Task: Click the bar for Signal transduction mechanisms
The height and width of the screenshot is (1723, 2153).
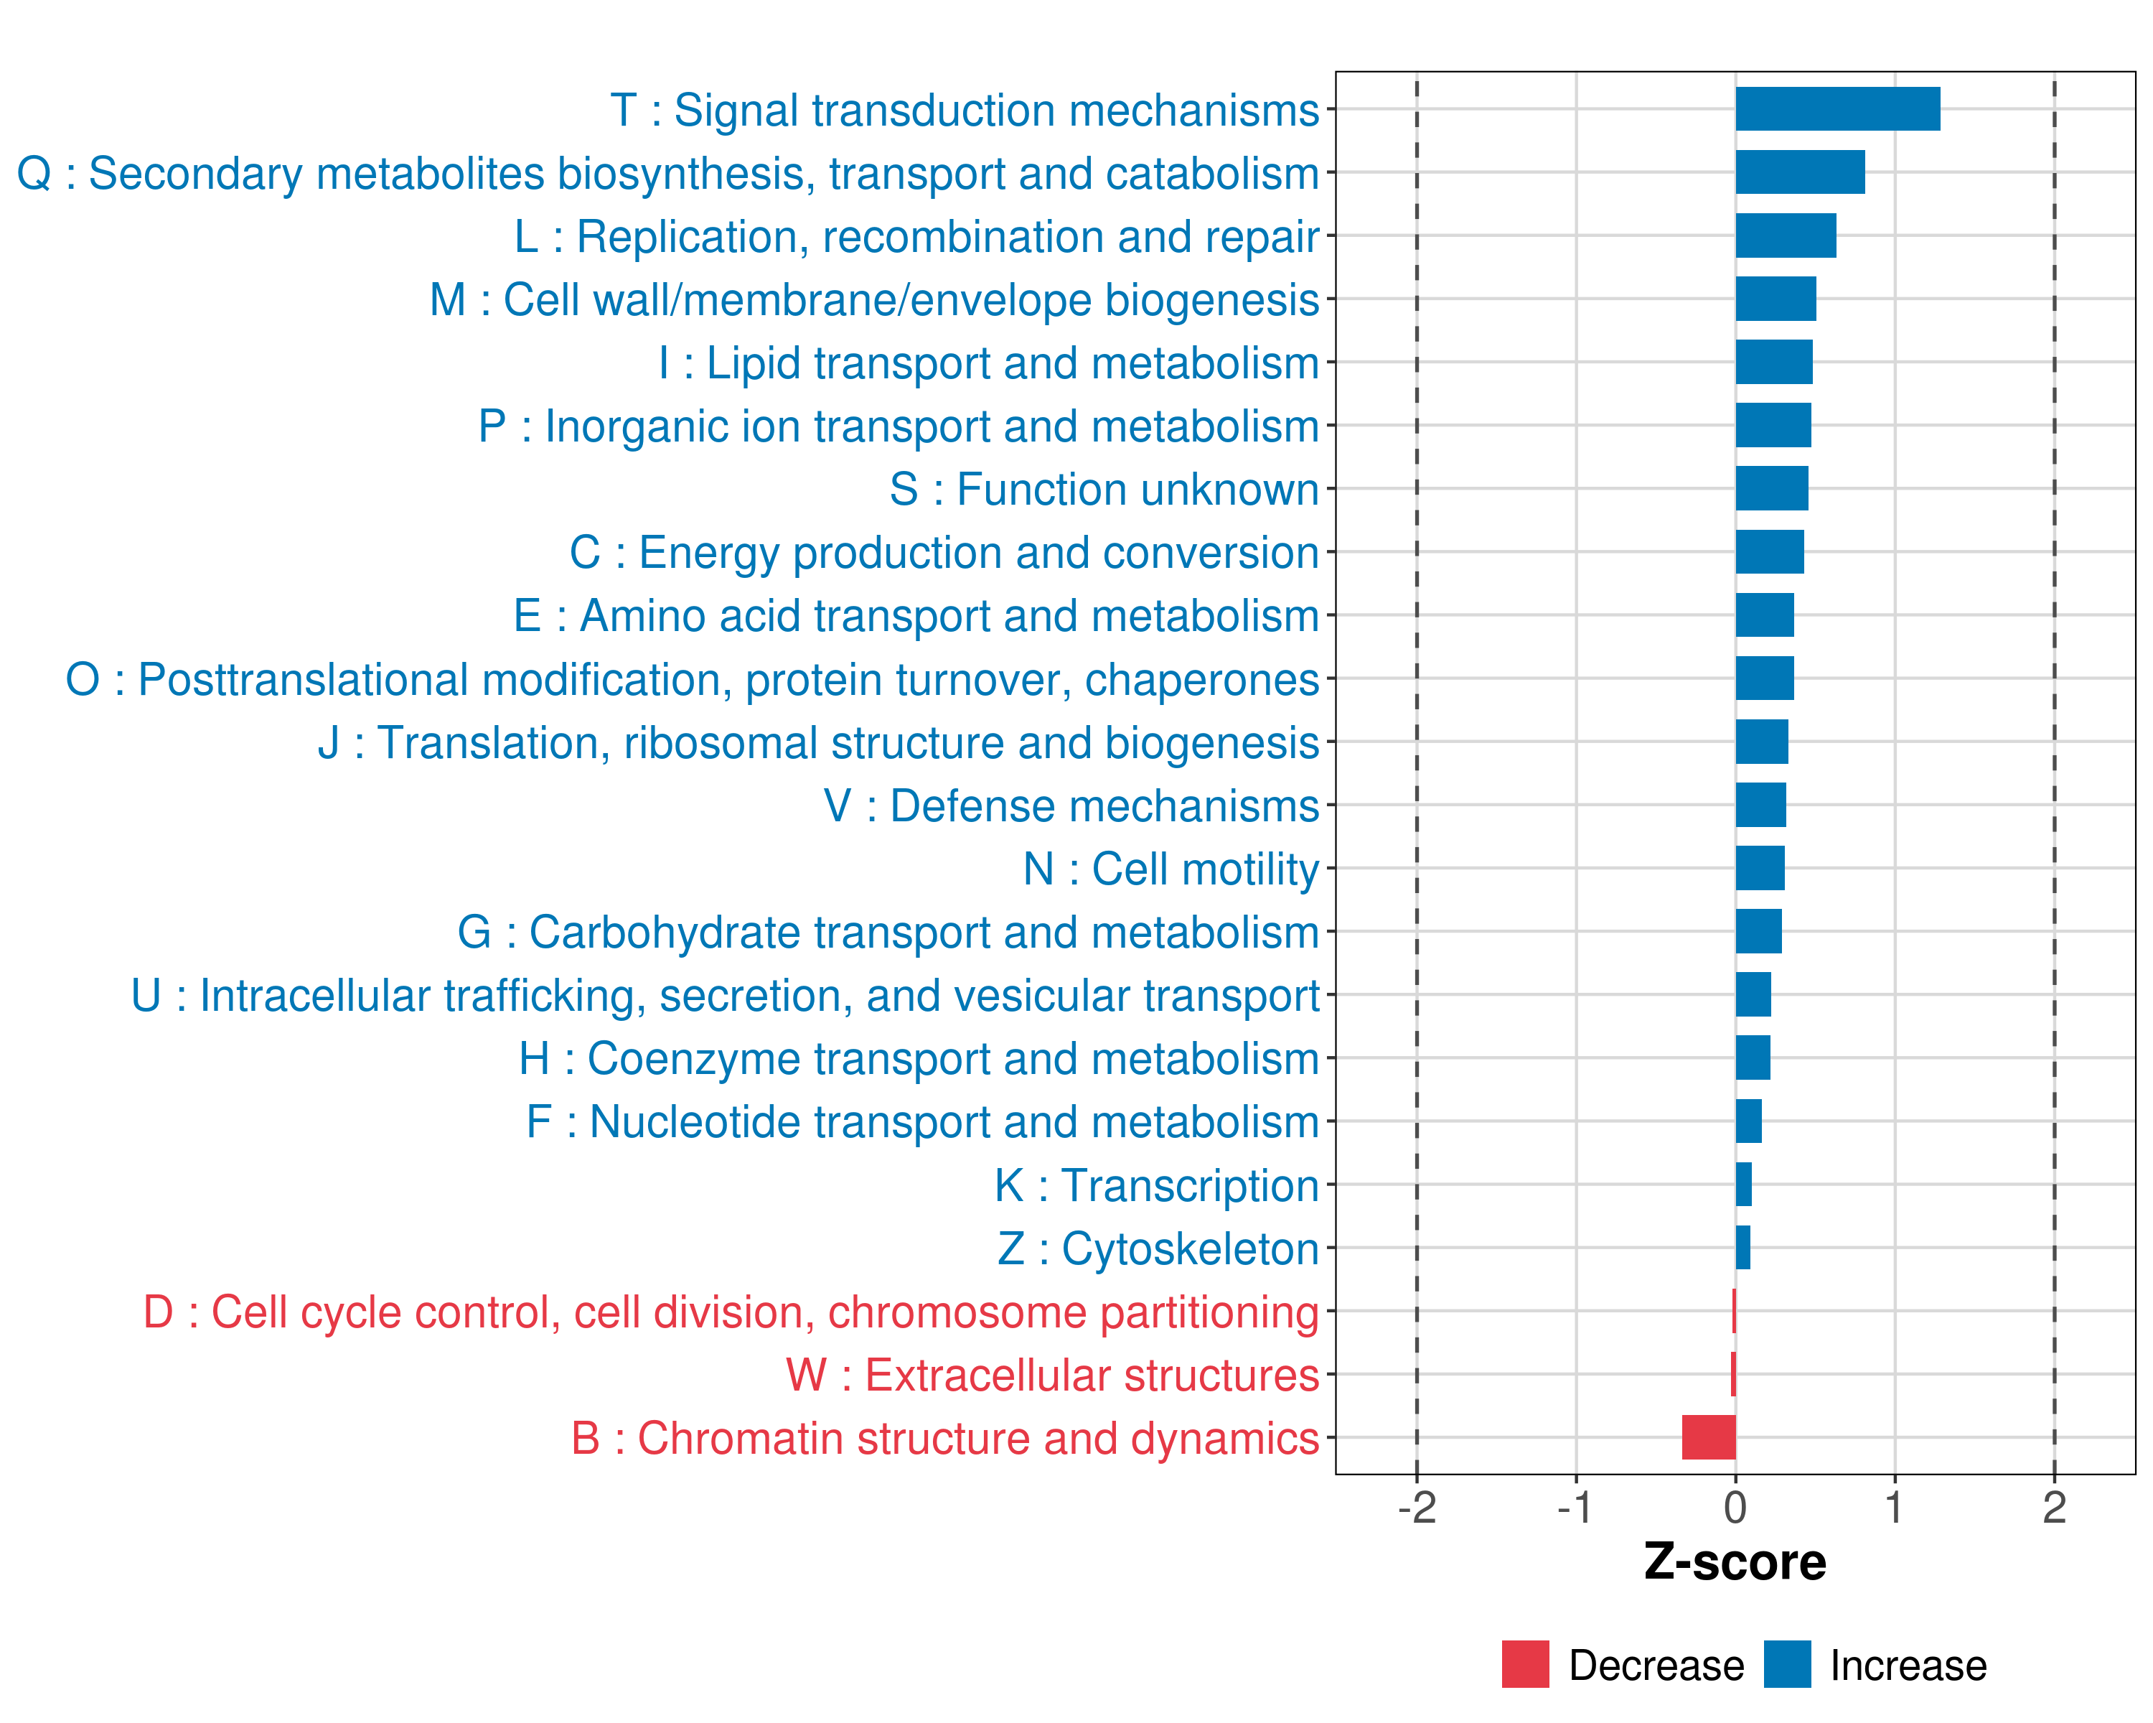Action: pos(1837,109)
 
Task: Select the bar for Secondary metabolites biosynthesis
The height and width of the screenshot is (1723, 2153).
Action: pos(1799,172)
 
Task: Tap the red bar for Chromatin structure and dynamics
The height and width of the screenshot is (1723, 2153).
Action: pos(1709,1437)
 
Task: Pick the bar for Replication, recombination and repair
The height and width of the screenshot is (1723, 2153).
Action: pos(1786,235)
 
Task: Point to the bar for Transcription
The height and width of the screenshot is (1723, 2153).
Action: pos(1743,1185)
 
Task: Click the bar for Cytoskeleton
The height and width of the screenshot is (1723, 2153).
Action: pos(1742,1248)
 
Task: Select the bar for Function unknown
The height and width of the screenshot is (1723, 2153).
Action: pos(1771,488)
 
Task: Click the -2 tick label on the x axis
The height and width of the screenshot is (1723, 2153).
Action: pos(1416,1507)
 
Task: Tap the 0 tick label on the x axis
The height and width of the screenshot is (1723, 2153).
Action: pos(1735,1507)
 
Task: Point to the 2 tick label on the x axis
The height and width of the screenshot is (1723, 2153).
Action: pos(2054,1507)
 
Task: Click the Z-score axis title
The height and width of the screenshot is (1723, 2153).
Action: pos(1735,1562)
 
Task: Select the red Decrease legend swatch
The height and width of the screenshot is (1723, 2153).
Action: pos(1525,1664)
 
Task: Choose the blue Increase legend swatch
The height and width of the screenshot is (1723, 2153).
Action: pos(1786,1664)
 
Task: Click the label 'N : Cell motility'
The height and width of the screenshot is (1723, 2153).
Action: pos(1171,869)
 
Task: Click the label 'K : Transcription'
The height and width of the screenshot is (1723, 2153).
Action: pos(1156,1185)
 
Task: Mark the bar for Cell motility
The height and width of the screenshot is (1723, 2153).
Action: pos(1760,868)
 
